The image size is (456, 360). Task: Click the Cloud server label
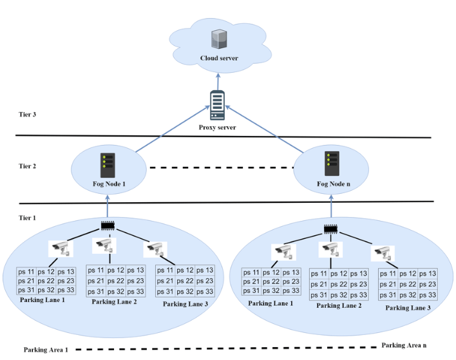[219, 59]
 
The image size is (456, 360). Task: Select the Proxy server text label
[218, 128]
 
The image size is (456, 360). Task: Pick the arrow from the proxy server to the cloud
[217, 81]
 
